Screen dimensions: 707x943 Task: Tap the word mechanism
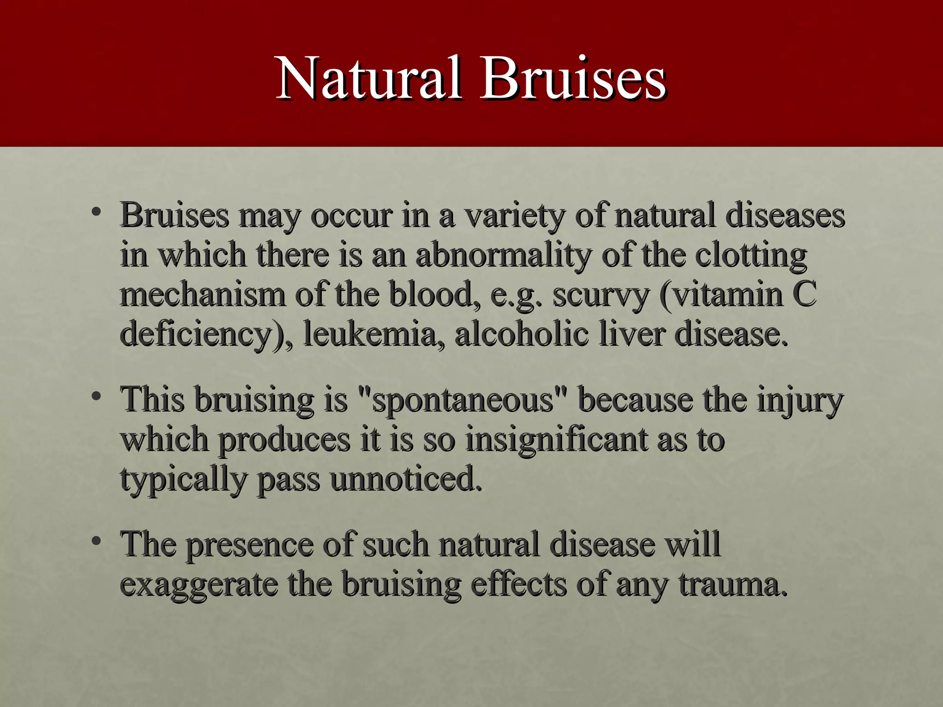click(x=203, y=295)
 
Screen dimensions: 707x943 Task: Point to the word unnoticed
click(x=406, y=479)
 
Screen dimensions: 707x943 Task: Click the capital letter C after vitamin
click(x=804, y=295)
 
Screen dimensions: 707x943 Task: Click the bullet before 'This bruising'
click(x=96, y=397)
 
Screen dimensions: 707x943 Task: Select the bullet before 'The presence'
click(x=96, y=541)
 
